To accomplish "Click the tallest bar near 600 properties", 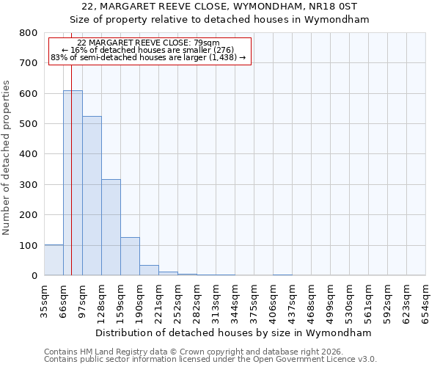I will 73,183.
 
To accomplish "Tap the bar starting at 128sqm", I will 111,228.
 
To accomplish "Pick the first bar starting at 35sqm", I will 54,260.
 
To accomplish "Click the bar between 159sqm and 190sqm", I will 130,256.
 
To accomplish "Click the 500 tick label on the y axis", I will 28,124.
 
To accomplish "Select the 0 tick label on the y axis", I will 34,276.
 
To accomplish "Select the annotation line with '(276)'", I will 150,50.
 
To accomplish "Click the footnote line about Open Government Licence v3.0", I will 210,360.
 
